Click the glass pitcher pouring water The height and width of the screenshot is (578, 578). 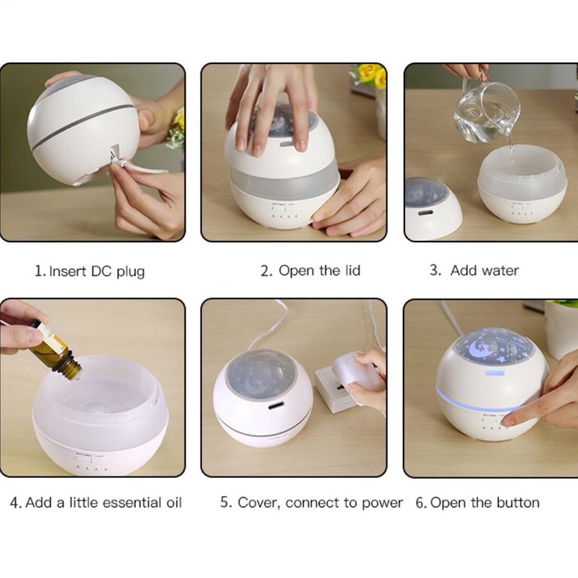tap(486, 110)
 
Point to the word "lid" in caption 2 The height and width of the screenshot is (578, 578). tap(353, 270)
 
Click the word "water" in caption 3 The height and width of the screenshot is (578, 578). tap(502, 271)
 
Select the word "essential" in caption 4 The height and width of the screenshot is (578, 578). tap(131, 503)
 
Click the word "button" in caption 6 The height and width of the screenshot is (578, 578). tap(518, 503)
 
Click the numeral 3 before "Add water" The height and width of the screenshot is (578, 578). tap(435, 270)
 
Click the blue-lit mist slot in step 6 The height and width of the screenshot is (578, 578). tap(494, 374)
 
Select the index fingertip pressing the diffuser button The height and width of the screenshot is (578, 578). tap(509, 420)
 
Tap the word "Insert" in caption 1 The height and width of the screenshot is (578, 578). tap(68, 271)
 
